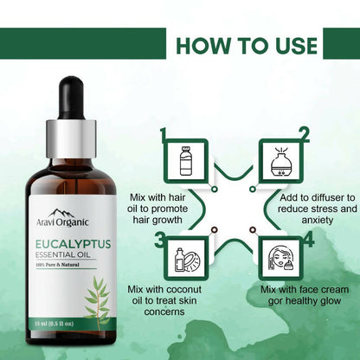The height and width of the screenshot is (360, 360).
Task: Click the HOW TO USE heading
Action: pyautogui.click(x=260, y=43)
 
